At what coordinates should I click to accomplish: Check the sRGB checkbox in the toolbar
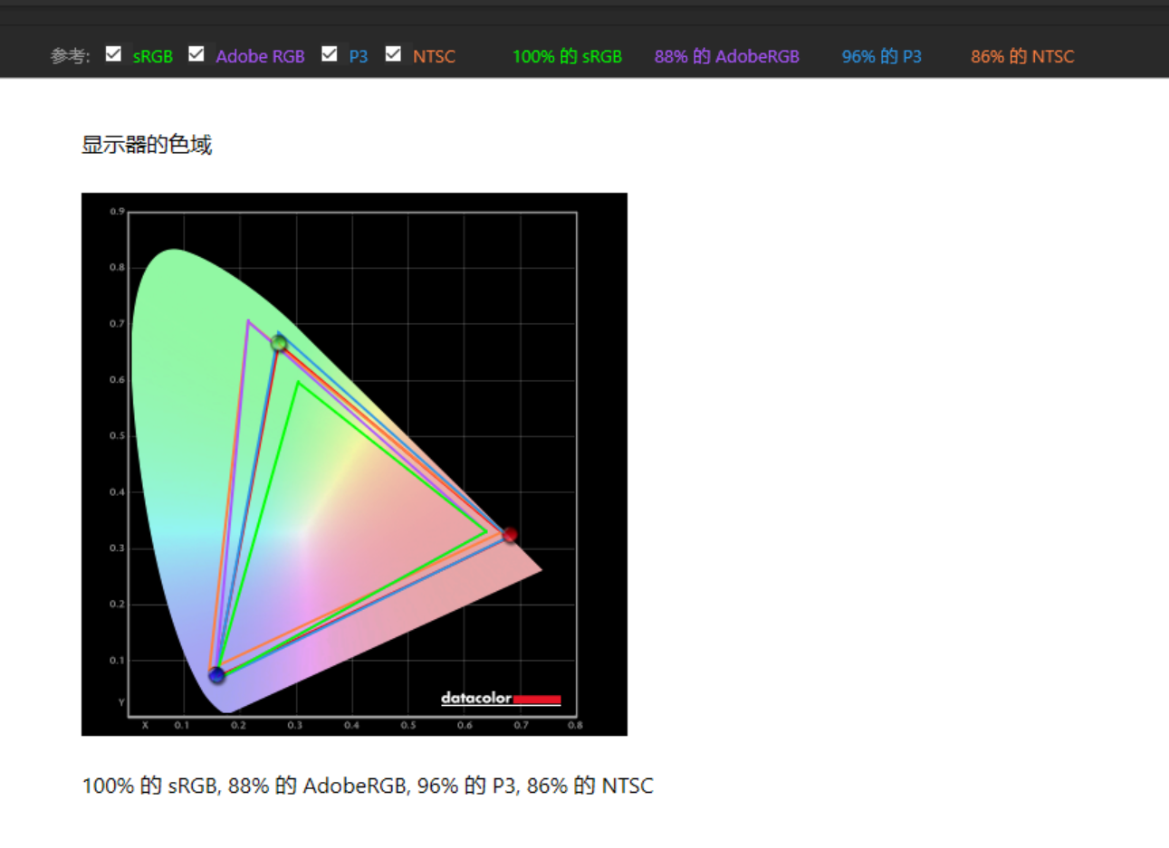(x=113, y=53)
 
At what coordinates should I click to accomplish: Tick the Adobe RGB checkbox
(x=196, y=53)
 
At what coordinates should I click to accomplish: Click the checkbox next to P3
(x=330, y=53)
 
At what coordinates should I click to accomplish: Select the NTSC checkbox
(x=393, y=53)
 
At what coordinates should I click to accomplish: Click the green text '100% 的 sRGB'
(x=567, y=56)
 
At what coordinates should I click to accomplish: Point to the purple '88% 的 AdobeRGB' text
(x=727, y=56)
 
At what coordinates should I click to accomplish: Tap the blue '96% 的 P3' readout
(x=881, y=56)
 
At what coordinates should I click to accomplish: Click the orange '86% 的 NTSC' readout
(x=1022, y=56)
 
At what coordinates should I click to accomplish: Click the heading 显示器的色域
(x=147, y=145)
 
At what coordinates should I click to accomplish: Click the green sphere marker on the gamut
(x=279, y=343)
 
